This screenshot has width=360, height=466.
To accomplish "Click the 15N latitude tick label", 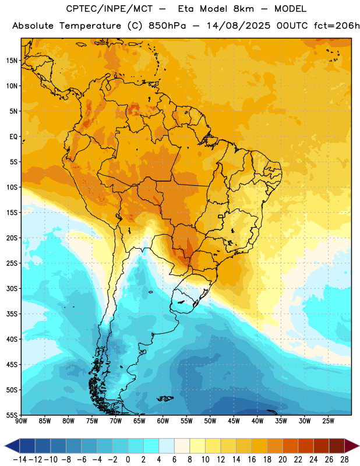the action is [12, 61].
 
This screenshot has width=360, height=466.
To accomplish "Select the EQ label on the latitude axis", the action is [13, 137].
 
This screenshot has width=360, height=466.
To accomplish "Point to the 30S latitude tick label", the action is [12, 288].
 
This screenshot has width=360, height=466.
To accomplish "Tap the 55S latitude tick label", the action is [12, 415].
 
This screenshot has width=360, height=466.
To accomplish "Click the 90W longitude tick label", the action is [21, 421].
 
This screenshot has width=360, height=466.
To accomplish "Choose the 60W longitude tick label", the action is [163, 421].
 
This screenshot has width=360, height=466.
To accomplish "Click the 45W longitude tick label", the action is [234, 421].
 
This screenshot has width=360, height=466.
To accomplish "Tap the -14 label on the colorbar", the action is [20, 460].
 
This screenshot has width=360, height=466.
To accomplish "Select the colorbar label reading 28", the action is [344, 460].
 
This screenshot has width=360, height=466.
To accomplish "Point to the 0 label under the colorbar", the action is [128, 460].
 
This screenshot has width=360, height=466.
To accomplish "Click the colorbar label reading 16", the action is [252, 460].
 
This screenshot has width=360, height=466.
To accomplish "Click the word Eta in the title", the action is [186, 9].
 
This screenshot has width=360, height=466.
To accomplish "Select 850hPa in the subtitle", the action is [167, 26].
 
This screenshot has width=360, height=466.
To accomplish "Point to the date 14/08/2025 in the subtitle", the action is [238, 26].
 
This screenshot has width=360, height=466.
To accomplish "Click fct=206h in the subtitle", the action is [337, 26].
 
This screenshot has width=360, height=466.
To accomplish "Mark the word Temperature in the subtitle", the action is [90, 26].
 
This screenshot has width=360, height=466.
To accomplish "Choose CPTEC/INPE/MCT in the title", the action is [110, 9].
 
